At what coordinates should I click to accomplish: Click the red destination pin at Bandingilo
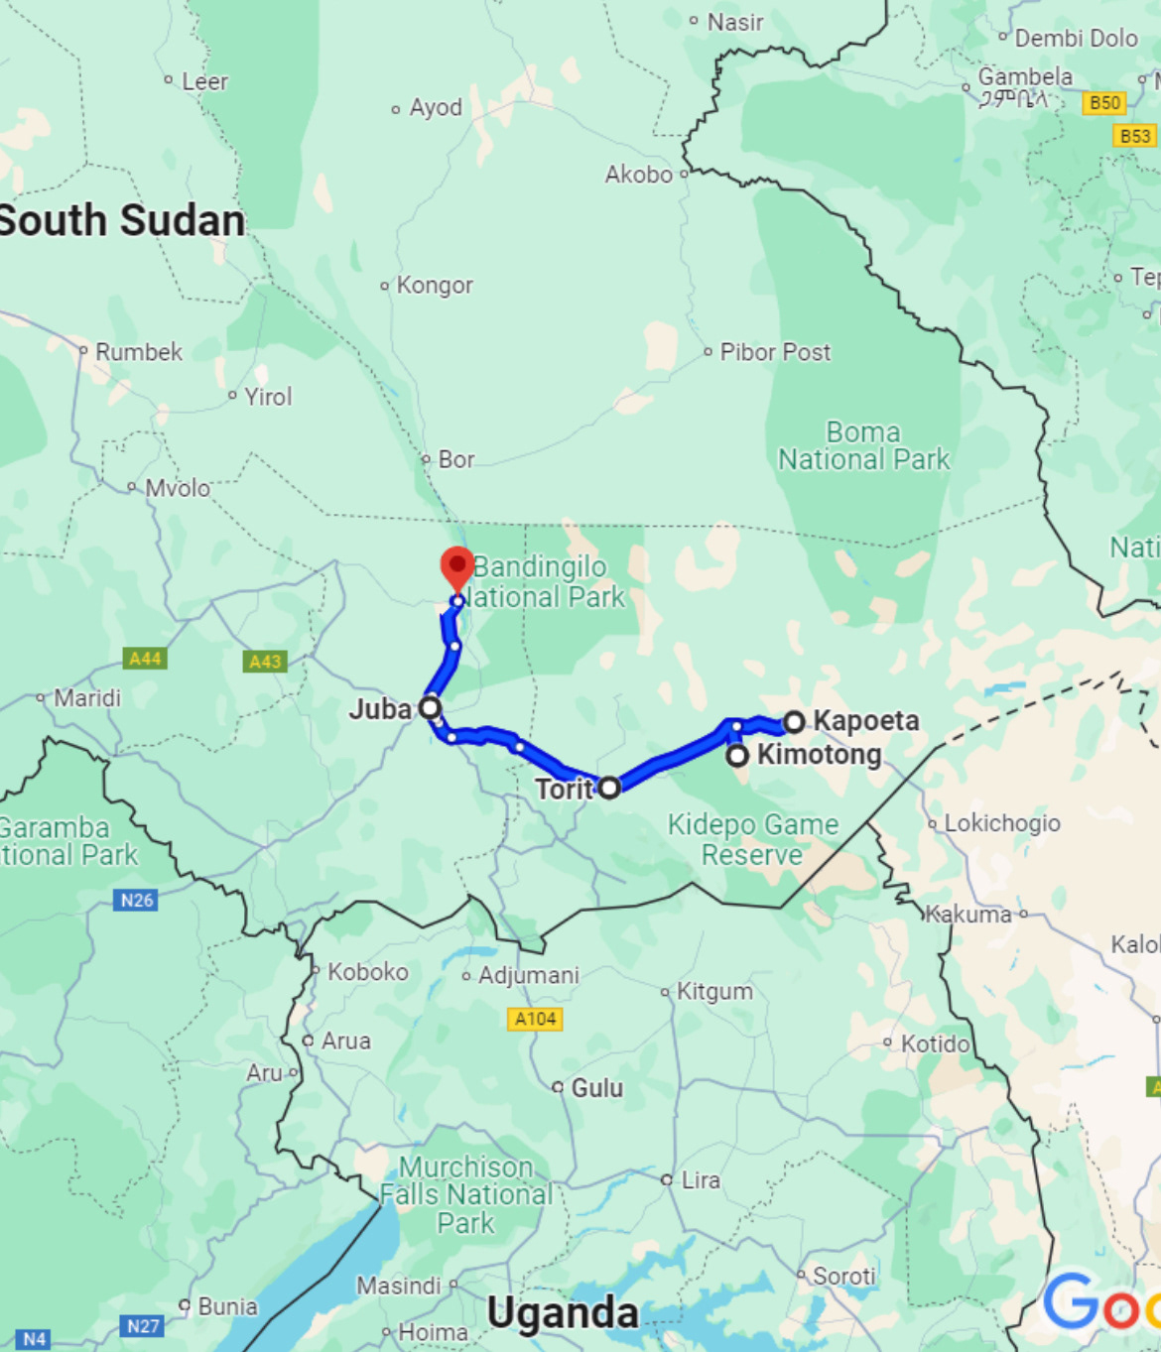click(x=456, y=566)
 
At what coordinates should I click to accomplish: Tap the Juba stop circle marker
click(x=430, y=707)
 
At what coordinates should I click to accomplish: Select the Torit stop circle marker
click(x=609, y=788)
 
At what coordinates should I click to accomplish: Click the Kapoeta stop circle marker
click(x=794, y=721)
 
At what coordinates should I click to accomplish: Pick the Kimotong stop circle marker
click(x=737, y=756)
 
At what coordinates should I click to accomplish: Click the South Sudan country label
click(x=121, y=220)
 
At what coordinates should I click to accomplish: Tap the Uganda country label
click(x=563, y=1312)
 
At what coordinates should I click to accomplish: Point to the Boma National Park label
click(x=863, y=446)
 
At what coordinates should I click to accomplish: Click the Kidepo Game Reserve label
click(x=753, y=839)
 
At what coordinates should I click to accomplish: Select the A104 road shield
click(x=535, y=1019)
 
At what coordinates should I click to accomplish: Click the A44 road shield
click(x=145, y=659)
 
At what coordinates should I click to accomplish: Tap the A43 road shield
click(x=265, y=662)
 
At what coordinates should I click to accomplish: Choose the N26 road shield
click(x=137, y=900)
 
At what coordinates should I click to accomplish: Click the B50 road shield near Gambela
click(x=1104, y=102)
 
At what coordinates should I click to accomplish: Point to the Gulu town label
click(x=596, y=1088)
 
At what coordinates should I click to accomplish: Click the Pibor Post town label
click(x=775, y=352)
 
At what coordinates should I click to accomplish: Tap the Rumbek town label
click(x=138, y=352)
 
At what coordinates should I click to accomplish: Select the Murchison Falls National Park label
click(x=465, y=1194)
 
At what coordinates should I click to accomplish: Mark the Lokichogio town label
click(x=1001, y=823)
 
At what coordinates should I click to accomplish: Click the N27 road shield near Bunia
click(x=144, y=1326)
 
